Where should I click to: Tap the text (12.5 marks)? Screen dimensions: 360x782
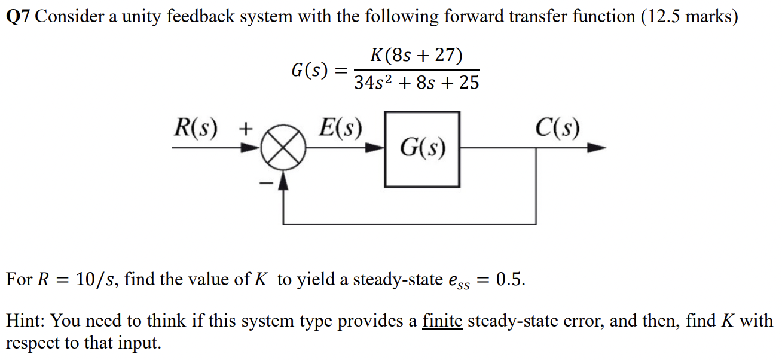[689, 17]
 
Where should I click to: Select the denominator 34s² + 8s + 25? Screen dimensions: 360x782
[417, 82]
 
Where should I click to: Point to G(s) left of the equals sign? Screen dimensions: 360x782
[309, 70]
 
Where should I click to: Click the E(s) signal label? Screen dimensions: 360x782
[340, 127]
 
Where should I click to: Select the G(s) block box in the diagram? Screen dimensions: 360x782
[422, 148]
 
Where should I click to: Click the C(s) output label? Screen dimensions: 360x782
[557, 127]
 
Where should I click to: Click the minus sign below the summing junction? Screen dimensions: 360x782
[263, 183]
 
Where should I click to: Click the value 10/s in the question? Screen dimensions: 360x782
[94, 279]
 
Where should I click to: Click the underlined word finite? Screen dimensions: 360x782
[442, 322]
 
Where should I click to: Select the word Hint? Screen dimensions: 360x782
[25, 322]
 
